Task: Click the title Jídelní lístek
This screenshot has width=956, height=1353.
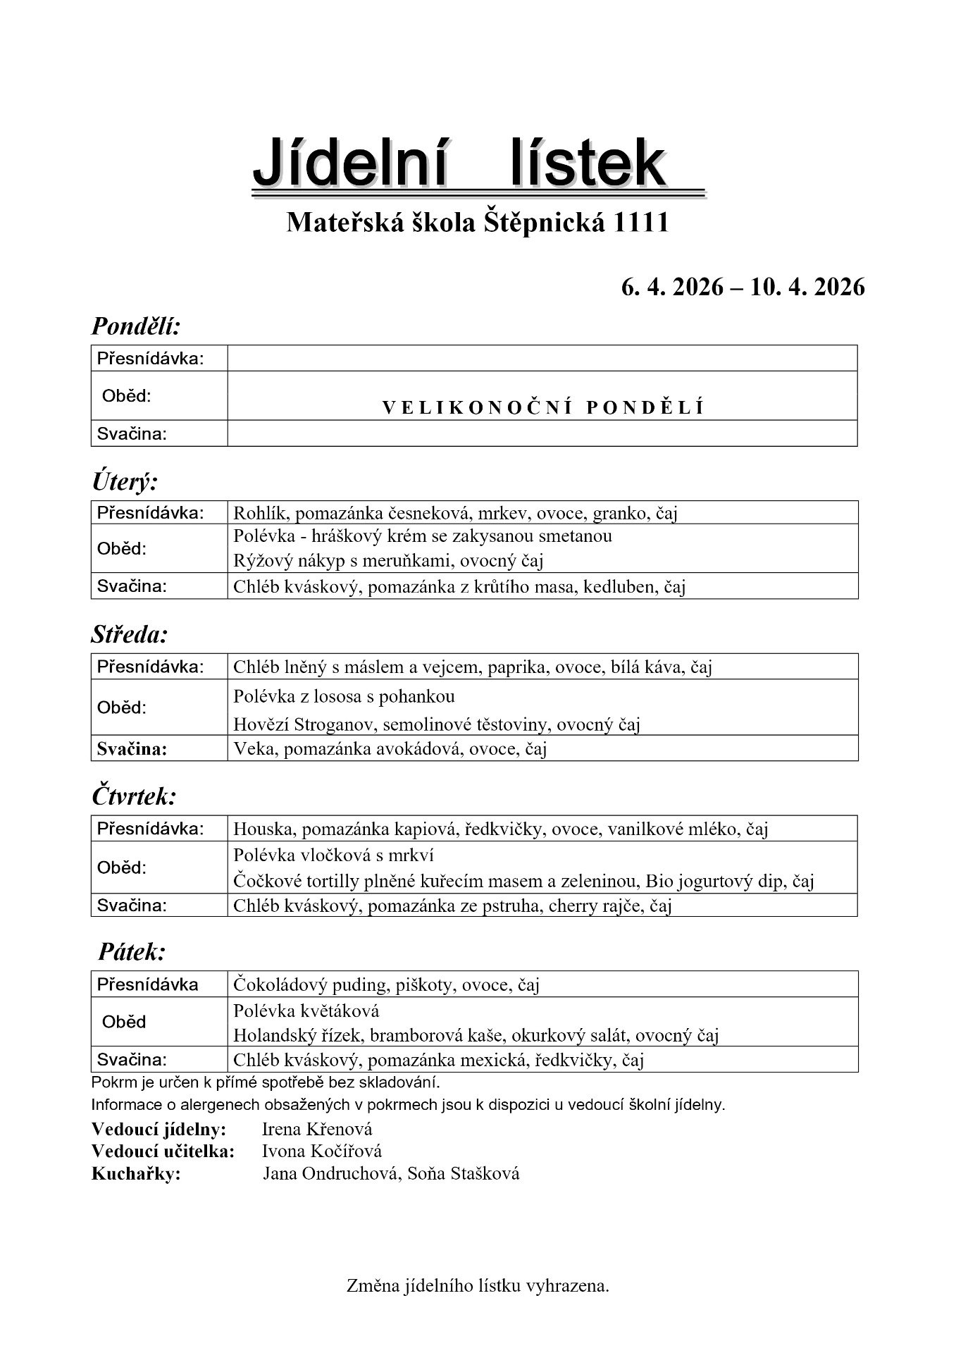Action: [x=459, y=163]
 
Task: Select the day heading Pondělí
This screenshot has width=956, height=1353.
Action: [x=137, y=326]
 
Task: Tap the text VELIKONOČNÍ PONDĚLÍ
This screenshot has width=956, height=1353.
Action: [x=542, y=407]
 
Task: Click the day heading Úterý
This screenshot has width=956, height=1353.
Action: [x=125, y=482]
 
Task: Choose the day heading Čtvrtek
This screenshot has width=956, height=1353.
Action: [x=134, y=796]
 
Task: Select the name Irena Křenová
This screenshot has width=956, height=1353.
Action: [x=316, y=1129]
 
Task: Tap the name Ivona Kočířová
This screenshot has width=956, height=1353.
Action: [x=321, y=1151]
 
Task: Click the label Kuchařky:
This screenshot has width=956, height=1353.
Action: [x=136, y=1173]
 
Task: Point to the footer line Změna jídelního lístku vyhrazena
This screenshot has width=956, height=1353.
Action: [x=478, y=1285]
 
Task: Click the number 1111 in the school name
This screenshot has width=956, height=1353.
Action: [x=641, y=223]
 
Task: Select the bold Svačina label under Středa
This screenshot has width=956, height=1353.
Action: [x=132, y=748]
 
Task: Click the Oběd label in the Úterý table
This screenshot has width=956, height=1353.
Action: [x=122, y=548]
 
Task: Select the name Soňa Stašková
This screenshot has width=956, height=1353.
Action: [x=464, y=1173]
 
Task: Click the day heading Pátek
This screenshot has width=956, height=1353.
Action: [x=132, y=952]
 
